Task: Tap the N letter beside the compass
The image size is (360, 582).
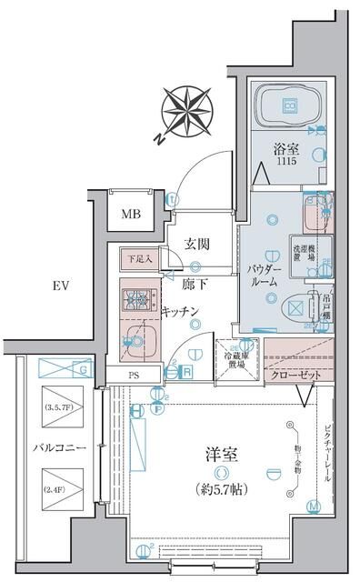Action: tap(157, 138)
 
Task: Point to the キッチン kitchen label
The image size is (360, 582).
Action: tap(181, 311)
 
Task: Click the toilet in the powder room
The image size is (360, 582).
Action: tap(296, 306)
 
